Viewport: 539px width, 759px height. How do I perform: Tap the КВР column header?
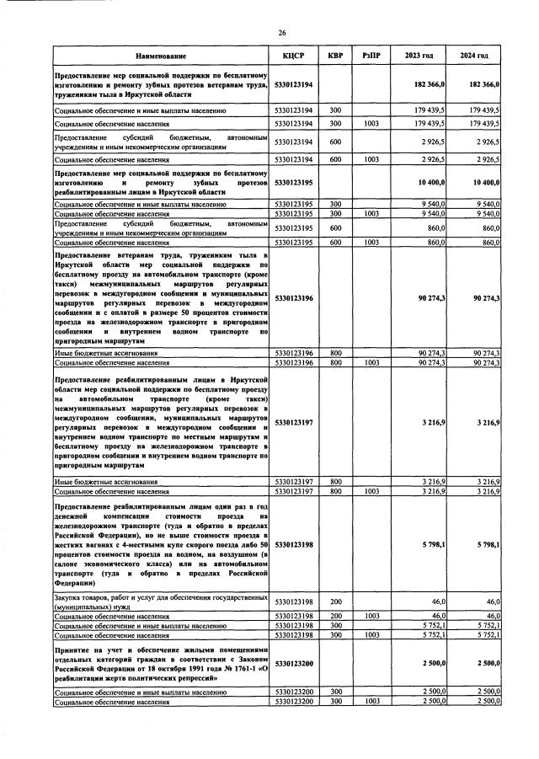click(x=335, y=56)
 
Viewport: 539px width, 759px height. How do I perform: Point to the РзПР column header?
click(x=371, y=56)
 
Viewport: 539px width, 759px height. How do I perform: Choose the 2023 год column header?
click(x=419, y=56)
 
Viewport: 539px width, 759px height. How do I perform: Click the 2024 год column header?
click(x=474, y=56)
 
